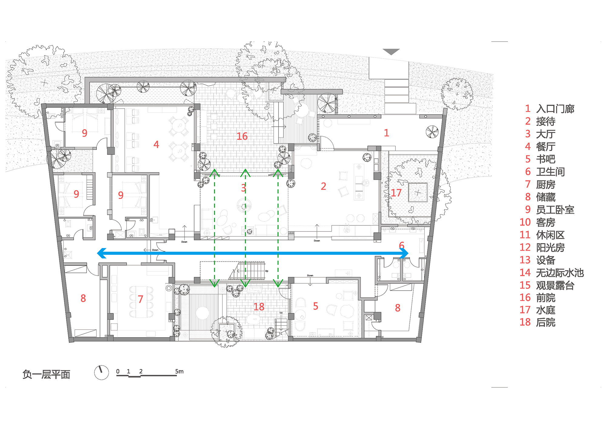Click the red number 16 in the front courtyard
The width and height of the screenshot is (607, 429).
click(242, 136)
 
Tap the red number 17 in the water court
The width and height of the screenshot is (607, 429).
click(396, 193)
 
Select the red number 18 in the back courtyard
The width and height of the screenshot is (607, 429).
click(259, 307)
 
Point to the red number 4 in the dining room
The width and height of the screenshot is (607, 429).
click(156, 144)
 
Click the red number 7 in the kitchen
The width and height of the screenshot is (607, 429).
click(140, 299)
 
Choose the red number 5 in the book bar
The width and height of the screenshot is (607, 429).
click(316, 306)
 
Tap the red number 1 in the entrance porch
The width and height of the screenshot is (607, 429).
click(386, 133)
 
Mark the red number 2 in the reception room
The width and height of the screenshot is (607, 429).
click(324, 186)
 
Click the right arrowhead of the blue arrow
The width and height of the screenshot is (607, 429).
click(404, 253)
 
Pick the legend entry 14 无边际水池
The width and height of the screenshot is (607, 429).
click(551, 273)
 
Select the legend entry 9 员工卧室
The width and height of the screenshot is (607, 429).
click(550, 210)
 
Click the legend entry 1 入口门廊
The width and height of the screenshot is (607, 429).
click(550, 109)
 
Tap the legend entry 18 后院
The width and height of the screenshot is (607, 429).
click(537, 322)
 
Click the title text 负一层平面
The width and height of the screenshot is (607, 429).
click(46, 374)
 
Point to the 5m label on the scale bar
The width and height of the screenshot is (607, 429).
click(179, 371)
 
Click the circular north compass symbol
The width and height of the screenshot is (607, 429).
click(101, 372)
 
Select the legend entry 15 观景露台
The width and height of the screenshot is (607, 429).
click(547, 285)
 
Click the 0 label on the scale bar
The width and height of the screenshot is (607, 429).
click(118, 371)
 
